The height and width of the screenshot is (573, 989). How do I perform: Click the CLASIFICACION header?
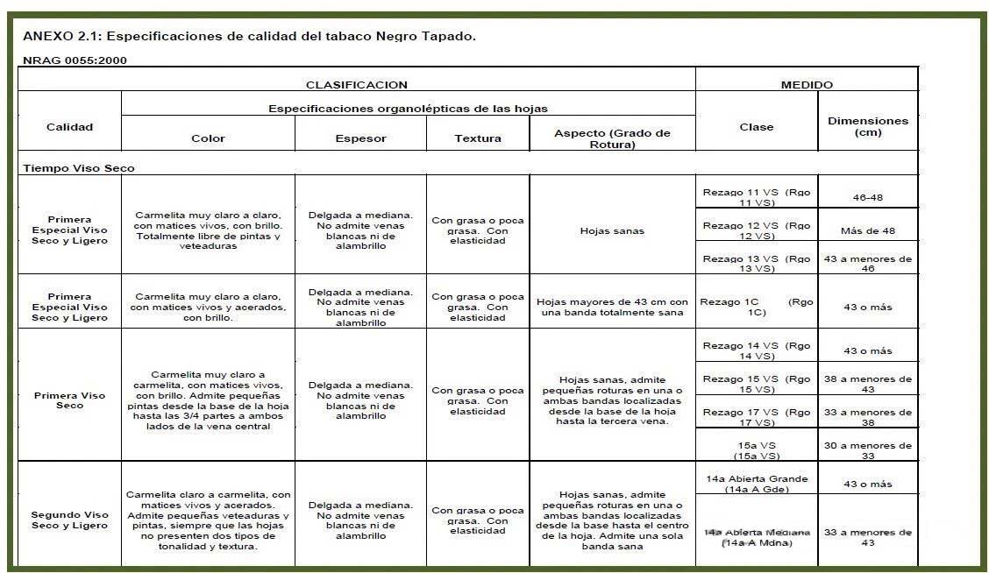356,85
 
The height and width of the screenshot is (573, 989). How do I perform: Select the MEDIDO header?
807,85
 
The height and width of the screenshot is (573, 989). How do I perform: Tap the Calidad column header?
69,127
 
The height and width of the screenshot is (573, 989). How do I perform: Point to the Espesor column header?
360,138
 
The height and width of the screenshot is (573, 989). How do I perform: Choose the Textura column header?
478,138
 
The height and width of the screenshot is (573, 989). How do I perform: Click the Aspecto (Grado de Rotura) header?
612,138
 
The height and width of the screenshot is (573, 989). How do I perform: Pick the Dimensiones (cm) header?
867,126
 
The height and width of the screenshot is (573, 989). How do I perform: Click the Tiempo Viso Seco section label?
79,168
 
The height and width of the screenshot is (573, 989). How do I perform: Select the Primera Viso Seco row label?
69,400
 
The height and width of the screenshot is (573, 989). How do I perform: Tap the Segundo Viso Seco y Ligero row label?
69,520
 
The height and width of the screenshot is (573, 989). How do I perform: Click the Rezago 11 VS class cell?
756,196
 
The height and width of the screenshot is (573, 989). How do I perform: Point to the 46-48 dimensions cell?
867,197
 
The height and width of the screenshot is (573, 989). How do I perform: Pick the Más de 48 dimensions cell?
867,230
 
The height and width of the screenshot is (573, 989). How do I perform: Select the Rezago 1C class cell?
756,307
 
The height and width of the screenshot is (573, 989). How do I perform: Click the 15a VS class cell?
756,449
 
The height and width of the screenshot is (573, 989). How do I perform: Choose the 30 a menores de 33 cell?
867,449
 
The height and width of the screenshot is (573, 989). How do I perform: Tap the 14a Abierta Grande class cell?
756,484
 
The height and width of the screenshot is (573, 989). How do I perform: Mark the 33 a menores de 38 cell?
867,417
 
